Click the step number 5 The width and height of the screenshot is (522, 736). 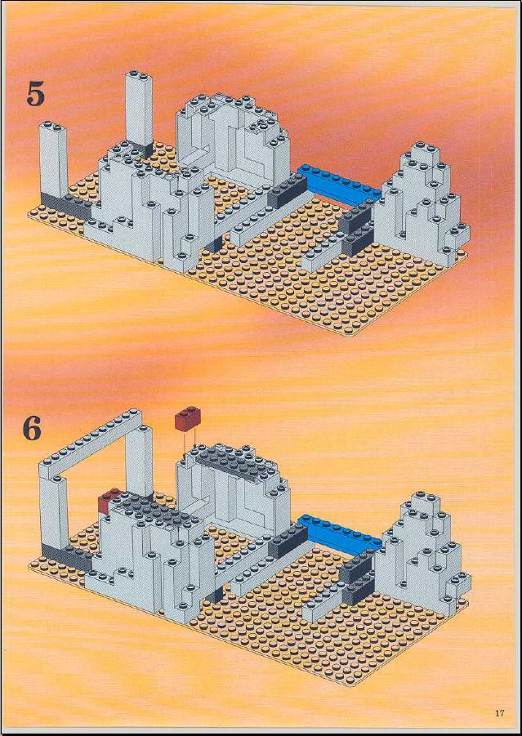pyautogui.click(x=36, y=93)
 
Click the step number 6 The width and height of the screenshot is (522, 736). pyautogui.click(x=33, y=428)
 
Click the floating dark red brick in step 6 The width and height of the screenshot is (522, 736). pyautogui.click(x=188, y=418)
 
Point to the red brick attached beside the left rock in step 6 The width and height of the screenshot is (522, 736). pyautogui.click(x=107, y=500)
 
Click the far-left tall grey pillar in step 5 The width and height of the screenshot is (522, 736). pyautogui.click(x=53, y=159)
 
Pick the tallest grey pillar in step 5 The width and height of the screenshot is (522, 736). pyautogui.click(x=139, y=108)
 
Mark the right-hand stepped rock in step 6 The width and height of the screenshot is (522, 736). pyautogui.click(x=422, y=554)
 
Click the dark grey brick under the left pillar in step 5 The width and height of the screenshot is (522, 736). pyautogui.click(x=65, y=205)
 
